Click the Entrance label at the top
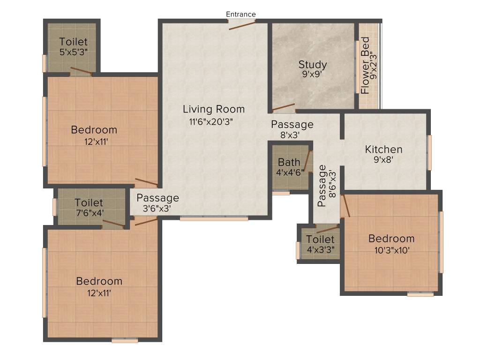(241, 15)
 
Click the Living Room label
(214, 109)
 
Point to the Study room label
(313, 65)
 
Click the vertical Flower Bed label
(366, 66)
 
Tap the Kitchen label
(383, 150)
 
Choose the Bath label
(289, 163)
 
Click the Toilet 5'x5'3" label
(74, 42)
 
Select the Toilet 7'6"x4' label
(89, 203)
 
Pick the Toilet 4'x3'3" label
(321, 240)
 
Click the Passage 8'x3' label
(292, 125)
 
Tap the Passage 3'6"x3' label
(157, 198)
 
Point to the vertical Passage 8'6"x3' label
(322, 186)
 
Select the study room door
(284, 108)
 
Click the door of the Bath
(307, 161)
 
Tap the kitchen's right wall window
(429, 152)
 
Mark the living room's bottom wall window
(214, 218)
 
